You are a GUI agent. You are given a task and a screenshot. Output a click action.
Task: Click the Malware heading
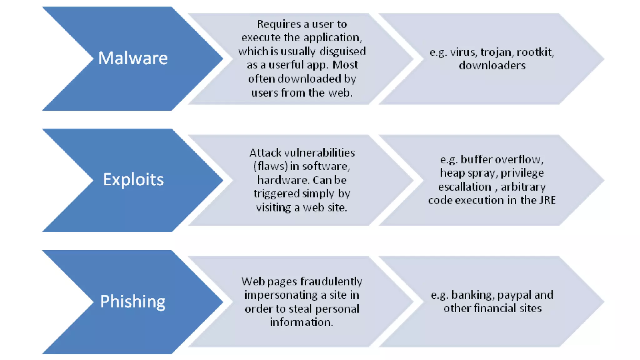133,58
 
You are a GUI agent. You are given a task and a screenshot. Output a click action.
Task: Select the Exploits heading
133,180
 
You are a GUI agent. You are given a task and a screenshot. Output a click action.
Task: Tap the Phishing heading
133,302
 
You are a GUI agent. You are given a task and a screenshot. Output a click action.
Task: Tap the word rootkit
535,52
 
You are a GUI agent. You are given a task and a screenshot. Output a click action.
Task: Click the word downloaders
492,66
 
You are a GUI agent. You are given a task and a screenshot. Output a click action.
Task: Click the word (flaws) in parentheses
270,166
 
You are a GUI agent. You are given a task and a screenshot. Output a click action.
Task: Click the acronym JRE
547,200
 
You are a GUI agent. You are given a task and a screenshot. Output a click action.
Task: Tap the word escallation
465,187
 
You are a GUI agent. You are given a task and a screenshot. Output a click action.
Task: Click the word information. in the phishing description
301,322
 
